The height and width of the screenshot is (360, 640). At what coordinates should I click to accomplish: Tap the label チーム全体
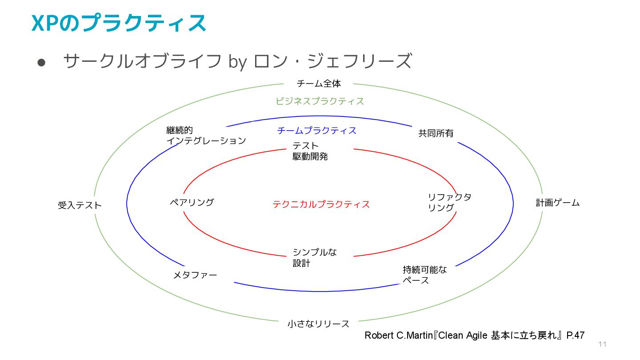319,83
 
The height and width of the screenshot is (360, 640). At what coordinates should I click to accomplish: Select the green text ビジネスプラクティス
320,101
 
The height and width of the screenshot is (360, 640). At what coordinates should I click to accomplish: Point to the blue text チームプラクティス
316,131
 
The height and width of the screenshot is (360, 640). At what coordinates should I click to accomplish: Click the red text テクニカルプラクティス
321,204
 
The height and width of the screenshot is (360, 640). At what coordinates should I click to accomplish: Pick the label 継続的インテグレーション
205,136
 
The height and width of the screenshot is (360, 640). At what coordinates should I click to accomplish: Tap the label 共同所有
436,133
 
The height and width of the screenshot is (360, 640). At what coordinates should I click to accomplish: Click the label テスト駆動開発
310,151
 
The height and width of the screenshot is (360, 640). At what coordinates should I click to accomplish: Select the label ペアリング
192,202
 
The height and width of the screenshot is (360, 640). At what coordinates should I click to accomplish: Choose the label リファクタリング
449,202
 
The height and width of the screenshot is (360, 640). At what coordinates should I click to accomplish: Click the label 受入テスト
80,205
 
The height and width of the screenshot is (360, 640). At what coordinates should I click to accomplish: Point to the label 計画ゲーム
557,203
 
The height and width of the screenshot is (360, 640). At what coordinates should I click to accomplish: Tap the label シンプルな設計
314,258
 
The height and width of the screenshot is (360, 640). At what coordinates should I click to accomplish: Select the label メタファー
195,275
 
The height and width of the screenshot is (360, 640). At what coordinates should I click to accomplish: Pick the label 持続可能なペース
424,275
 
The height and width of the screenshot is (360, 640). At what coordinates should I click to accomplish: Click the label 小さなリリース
318,324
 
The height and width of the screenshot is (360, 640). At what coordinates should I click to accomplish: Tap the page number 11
602,344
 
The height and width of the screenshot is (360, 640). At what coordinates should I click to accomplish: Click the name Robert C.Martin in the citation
398,335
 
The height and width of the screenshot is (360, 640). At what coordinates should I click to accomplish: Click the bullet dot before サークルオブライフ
42,63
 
